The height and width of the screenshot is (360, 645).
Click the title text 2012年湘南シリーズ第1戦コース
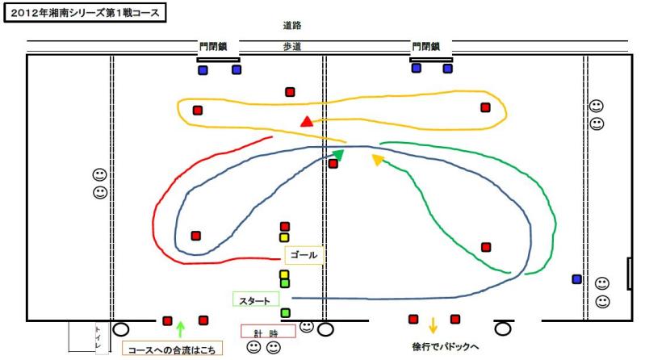[85, 14]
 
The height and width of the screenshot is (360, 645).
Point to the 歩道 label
[292, 47]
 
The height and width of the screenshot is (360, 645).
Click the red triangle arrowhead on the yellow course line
[306, 122]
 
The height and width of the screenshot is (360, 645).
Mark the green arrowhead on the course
[338, 153]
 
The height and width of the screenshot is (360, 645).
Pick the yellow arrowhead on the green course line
[377, 160]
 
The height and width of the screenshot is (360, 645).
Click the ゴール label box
[304, 255]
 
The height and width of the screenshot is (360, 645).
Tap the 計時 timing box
[268, 332]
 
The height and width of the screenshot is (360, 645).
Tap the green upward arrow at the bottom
[181, 329]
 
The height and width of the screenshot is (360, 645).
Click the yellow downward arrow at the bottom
[433, 326]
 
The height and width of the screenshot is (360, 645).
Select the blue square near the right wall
[576, 279]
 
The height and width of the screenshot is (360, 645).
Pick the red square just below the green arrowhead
[333, 164]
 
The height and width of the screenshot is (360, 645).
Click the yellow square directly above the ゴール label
[284, 237]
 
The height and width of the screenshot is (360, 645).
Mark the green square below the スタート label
[285, 312]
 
